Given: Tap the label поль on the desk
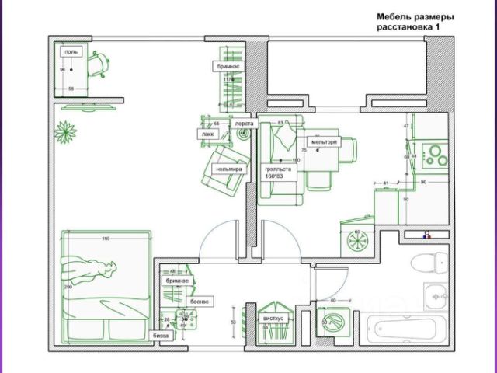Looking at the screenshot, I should click(x=71, y=52).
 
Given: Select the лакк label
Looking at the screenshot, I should click(x=207, y=134).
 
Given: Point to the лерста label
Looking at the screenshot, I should click(x=245, y=123).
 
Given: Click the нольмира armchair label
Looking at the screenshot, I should click(x=229, y=169).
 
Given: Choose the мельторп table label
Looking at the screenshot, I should click(x=324, y=143).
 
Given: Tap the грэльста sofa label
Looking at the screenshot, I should click(x=277, y=169).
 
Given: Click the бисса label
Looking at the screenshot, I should click(x=161, y=336).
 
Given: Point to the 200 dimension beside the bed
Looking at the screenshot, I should click(x=67, y=287).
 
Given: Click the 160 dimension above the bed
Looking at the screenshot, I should click(x=105, y=238).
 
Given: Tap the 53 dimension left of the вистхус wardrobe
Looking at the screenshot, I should click(x=234, y=320).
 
